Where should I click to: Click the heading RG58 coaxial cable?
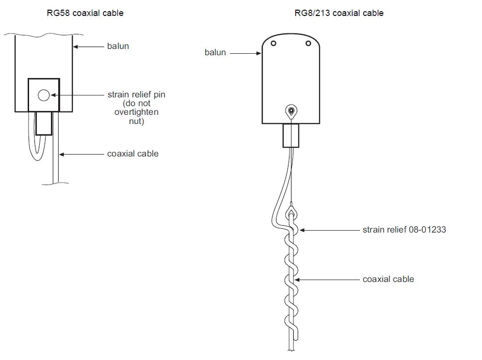pos(84,13)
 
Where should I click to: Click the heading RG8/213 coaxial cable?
pos(339,13)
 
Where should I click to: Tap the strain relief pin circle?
pos(44,95)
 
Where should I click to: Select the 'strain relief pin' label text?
pos(136,94)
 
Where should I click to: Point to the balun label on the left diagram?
pos(118,47)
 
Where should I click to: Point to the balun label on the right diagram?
pos(215,52)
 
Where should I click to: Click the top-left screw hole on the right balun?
pos(274,44)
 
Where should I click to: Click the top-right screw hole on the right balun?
pos(308,44)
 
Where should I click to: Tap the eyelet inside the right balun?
pos(291,111)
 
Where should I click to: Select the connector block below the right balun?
pos(291,136)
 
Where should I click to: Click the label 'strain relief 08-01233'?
pos(404,229)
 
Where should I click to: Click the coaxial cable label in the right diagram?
pos(388,279)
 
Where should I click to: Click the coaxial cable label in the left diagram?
pos(133,154)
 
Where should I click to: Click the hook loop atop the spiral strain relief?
pos(291,212)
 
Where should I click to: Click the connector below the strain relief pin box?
pos(44,123)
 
